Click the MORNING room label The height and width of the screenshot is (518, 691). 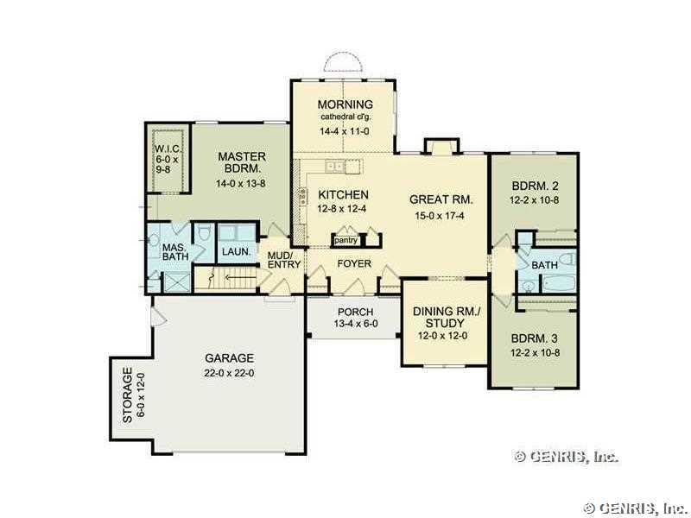pos(345,104)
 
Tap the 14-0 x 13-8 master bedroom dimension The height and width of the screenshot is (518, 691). pos(241,183)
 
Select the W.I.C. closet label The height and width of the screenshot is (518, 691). pos(167,148)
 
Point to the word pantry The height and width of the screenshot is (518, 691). pos(346,241)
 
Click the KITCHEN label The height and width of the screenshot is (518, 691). pos(343,195)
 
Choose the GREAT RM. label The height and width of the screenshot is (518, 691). pos(441,199)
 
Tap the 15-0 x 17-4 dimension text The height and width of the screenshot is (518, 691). pos(440,216)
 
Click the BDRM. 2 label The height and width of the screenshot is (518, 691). pos(535,186)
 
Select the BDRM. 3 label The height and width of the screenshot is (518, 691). pos(534,338)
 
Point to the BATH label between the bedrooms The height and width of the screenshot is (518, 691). pos(545,265)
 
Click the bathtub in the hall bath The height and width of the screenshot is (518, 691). pos(558,283)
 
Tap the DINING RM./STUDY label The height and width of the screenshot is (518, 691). pos(446,317)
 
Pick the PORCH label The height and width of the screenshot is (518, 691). pos(355,312)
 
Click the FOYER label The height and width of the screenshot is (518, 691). pos(354,263)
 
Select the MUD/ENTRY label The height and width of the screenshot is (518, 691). pos(284,260)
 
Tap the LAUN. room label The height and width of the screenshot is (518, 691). pos(236,252)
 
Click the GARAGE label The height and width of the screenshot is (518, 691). pos(229,358)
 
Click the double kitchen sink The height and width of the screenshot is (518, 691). pos(335,166)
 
